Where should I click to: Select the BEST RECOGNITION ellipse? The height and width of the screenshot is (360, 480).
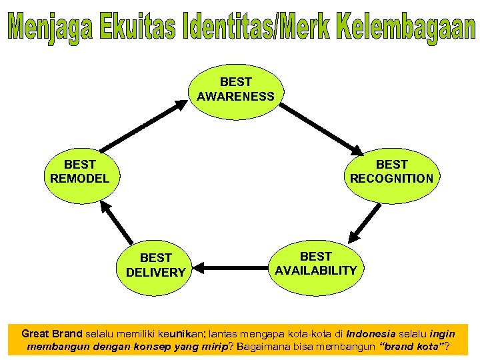391,171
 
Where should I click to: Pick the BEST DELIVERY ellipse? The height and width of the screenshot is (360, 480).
155,265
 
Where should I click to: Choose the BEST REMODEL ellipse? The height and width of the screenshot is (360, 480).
80,171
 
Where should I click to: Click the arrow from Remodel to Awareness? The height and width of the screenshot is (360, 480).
143,125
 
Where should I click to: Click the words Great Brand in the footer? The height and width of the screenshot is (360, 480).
52,333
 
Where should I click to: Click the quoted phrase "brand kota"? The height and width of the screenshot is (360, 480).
413,347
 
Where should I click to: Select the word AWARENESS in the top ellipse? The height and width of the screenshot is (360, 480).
235,97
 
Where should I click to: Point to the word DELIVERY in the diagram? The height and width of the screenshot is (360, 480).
155,272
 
